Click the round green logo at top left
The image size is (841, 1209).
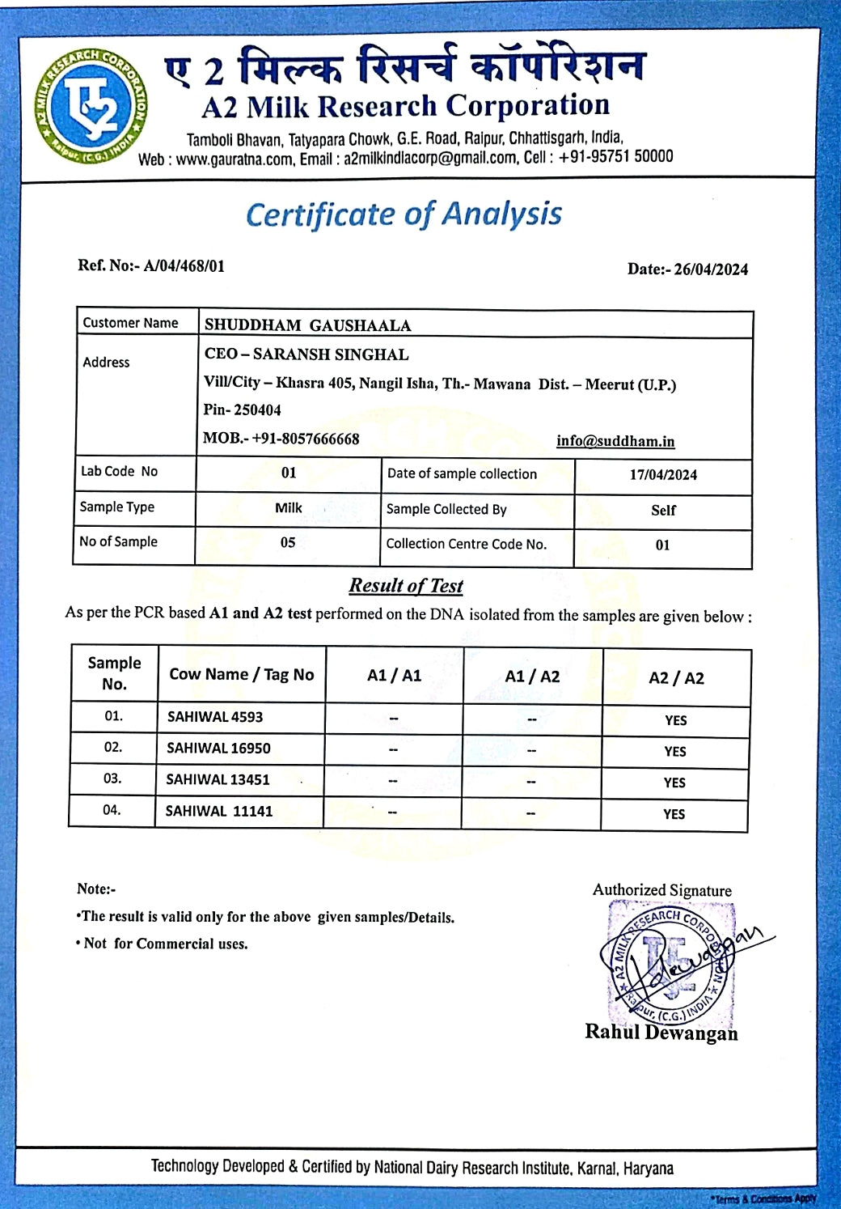pos(91,106)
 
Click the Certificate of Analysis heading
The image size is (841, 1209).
pos(404,214)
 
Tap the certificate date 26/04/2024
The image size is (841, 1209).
pos(711,269)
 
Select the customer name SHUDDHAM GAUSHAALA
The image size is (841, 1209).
pos(307,325)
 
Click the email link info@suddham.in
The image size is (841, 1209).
pos(615,441)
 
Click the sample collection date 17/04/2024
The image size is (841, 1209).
pos(663,475)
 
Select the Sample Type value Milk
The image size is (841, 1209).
pos(288,508)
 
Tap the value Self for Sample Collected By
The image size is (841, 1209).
pos(663,511)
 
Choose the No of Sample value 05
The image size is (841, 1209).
pos(288,543)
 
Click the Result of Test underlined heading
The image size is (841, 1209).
pos(406,585)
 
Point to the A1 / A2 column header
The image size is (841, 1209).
pos(532,677)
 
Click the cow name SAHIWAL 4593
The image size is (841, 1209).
pos(214,717)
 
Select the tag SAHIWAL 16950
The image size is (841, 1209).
pos(218,749)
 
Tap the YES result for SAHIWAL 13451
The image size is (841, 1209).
pos(674,783)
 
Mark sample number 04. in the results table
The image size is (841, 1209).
pos(112,810)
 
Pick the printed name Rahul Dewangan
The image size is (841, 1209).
pos(661,1033)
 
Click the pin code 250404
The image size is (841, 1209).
pos(257,410)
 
